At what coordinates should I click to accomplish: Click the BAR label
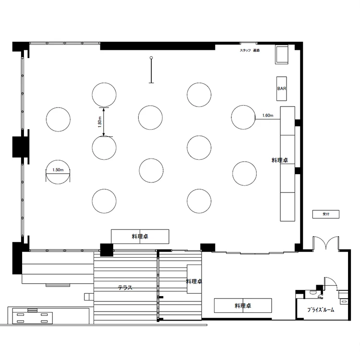[281, 88]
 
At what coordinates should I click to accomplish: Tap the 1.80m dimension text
[100, 122]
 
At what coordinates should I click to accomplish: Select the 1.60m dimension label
[268, 116]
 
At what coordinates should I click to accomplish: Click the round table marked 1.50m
[58, 172]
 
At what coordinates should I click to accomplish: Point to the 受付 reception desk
[326, 214]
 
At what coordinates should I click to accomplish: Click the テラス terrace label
[125, 288]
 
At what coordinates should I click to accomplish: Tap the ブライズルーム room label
[321, 310]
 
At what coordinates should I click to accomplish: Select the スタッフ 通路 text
[250, 50]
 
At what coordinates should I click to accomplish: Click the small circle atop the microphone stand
[151, 58]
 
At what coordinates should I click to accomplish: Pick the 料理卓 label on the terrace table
[194, 281]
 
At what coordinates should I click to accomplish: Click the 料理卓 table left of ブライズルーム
[243, 305]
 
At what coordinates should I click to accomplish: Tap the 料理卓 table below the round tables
[140, 236]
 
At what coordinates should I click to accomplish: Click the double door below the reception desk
[326, 243]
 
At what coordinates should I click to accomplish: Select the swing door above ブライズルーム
[331, 284]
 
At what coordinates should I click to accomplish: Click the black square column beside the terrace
[107, 250]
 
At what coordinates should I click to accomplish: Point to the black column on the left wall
[20, 147]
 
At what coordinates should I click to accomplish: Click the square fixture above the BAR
[282, 55]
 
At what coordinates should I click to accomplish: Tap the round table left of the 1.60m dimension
[243, 117]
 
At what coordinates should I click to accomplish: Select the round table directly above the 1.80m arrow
[104, 95]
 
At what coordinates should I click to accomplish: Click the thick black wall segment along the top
[157, 46]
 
